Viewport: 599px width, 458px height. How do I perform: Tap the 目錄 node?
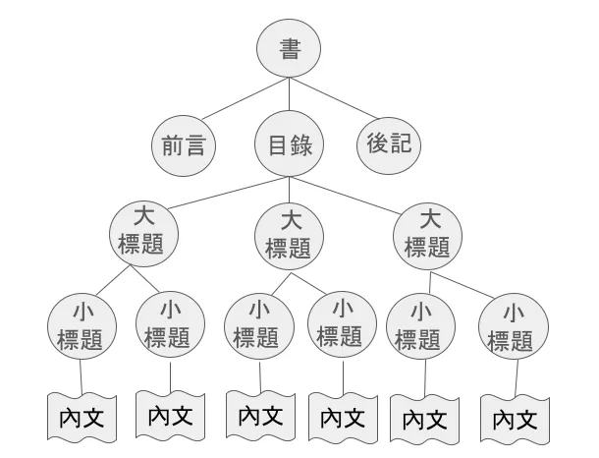[289, 145]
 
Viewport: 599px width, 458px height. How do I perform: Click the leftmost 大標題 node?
[145, 232]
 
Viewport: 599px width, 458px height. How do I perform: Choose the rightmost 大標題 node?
[427, 233]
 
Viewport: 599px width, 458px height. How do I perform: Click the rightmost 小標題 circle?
[512, 327]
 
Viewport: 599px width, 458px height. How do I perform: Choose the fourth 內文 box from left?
[342, 416]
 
